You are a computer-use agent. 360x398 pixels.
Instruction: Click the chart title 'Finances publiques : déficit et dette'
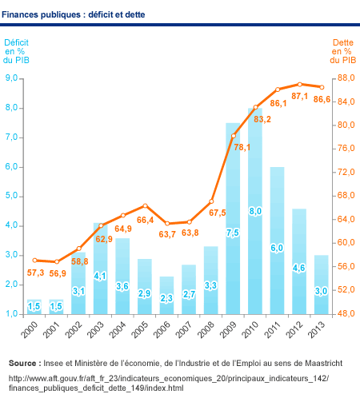click(74, 14)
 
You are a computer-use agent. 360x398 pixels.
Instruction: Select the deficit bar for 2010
click(255, 211)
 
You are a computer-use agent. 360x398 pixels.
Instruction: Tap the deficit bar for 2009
click(233, 218)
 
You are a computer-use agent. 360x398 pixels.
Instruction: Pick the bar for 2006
click(166, 295)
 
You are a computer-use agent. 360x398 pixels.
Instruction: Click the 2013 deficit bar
click(322, 285)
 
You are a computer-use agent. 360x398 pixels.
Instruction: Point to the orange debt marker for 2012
click(300, 85)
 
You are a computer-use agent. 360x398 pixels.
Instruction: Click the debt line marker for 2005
click(145, 205)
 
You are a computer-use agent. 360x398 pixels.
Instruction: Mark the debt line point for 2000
click(34, 261)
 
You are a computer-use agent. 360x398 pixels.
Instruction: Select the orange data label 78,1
click(242, 147)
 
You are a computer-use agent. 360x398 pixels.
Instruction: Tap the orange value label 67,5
click(218, 213)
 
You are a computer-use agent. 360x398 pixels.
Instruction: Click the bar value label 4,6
click(299, 268)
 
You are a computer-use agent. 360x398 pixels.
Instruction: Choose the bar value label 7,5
click(233, 233)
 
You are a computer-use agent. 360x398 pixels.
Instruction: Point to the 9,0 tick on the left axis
click(11, 78)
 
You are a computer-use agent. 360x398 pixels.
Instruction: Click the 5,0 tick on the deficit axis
click(11, 196)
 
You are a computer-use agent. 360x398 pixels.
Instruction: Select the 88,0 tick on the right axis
click(346, 78)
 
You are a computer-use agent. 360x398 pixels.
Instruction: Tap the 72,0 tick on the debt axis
click(346, 172)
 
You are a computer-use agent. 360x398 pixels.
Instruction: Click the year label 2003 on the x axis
click(96, 329)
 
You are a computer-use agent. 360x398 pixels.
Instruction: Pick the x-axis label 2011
click(273, 329)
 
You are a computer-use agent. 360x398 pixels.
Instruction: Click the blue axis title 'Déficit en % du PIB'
click(16, 51)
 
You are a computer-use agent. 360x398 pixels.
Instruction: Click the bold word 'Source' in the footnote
click(22, 363)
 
